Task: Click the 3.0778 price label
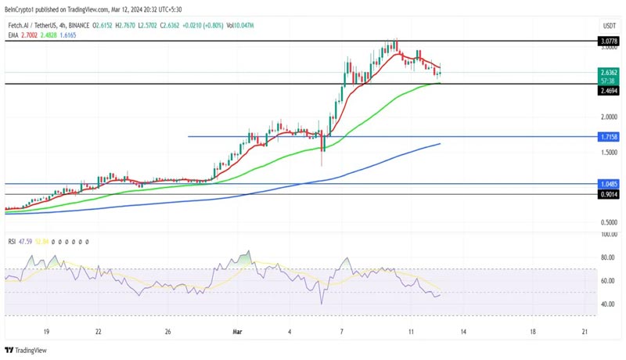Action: pyautogui.click(x=609, y=40)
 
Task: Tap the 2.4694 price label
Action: pyautogui.click(x=609, y=91)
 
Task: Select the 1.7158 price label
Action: pyautogui.click(x=609, y=137)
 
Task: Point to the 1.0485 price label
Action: pyautogui.click(x=609, y=184)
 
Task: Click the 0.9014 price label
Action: pyautogui.click(x=609, y=194)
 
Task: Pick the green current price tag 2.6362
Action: pyautogui.click(x=609, y=72)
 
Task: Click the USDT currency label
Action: pyautogui.click(x=609, y=26)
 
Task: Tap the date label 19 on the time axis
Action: pyautogui.click(x=46, y=332)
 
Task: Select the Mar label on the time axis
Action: pyautogui.click(x=238, y=332)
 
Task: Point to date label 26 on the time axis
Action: pyautogui.click(x=168, y=332)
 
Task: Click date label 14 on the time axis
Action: pyautogui.click(x=463, y=332)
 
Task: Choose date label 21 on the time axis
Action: pyautogui.click(x=585, y=332)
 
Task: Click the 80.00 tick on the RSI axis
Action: pyautogui.click(x=607, y=257)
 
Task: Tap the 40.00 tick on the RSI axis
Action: pyautogui.click(x=607, y=304)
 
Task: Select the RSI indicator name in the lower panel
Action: pyautogui.click(x=13, y=242)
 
